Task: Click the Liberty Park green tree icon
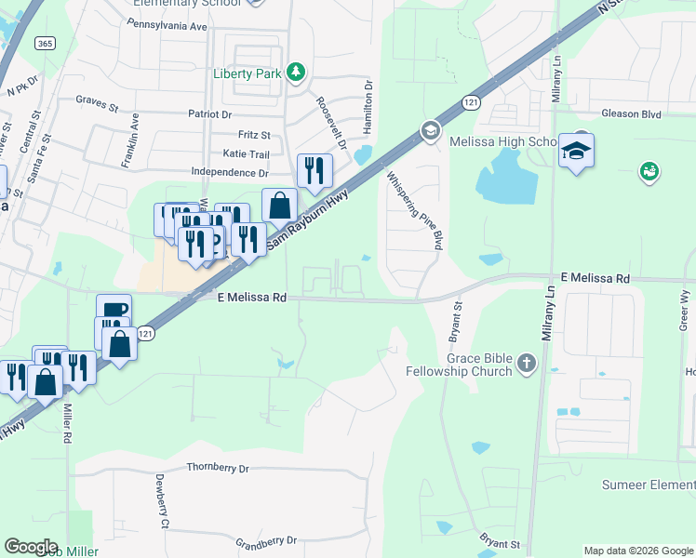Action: coord(296,73)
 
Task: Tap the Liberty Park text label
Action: coord(247,73)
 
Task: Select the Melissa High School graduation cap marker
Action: coord(576,151)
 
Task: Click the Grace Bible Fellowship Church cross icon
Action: coord(527,364)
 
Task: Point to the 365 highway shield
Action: coord(44,43)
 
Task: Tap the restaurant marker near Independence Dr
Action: coord(315,171)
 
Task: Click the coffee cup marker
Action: coord(114,310)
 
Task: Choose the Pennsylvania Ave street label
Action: coord(171,27)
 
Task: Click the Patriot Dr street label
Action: coord(209,114)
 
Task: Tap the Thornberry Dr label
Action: coord(218,469)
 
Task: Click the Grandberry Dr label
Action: coord(265,540)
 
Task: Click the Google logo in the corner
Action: coord(31,547)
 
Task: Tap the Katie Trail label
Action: coord(246,154)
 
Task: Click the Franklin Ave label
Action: coord(129,140)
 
